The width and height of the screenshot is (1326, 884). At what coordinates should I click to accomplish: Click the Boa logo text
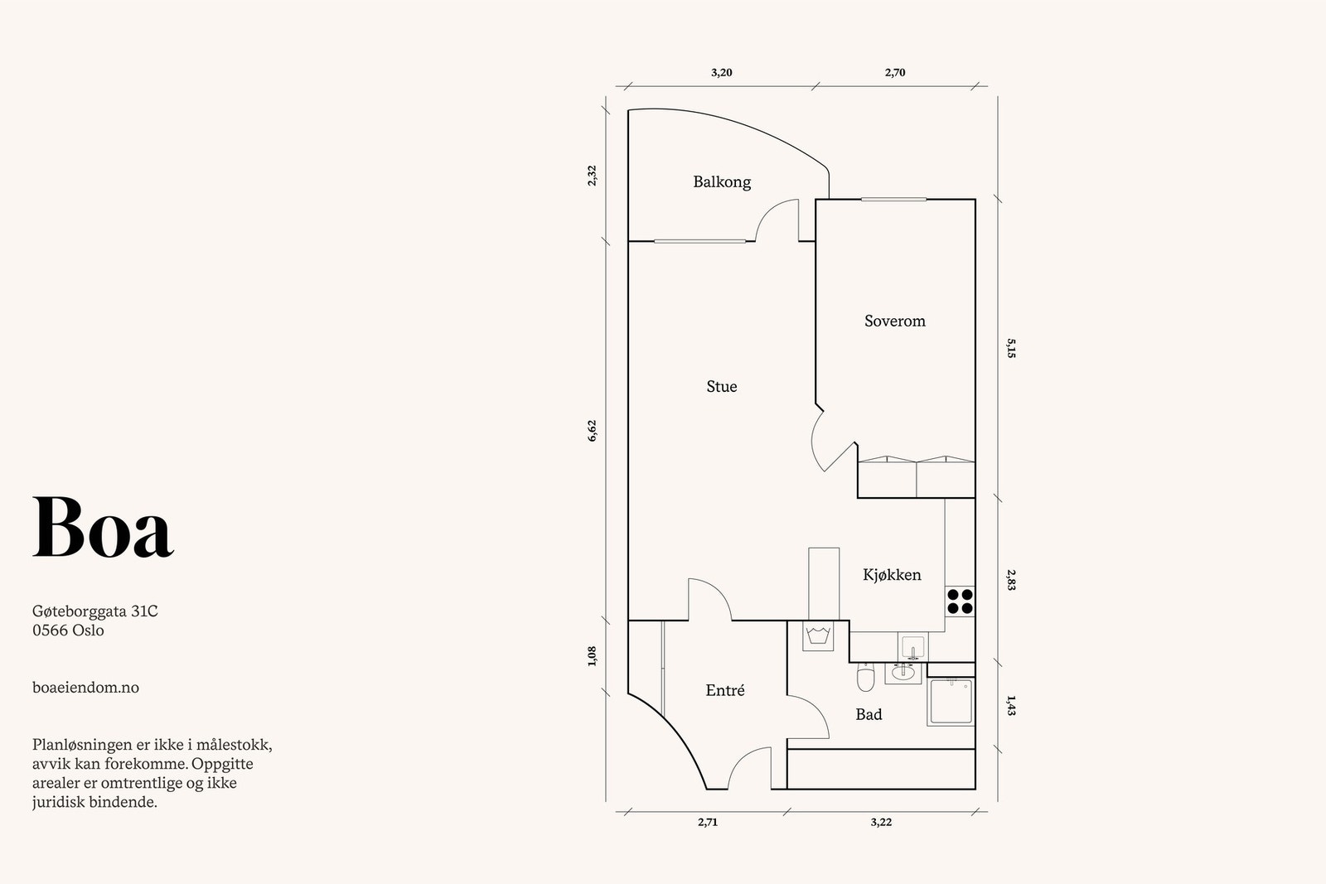(x=103, y=527)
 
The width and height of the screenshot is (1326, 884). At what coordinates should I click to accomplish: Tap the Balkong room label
(x=722, y=181)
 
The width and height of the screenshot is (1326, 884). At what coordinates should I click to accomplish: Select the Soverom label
(x=894, y=321)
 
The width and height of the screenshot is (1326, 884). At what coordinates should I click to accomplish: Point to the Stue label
(x=722, y=386)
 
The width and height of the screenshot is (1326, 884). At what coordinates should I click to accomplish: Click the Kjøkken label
(x=892, y=574)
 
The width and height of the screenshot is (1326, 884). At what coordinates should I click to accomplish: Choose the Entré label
(x=724, y=690)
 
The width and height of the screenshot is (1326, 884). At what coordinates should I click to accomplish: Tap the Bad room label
(x=869, y=714)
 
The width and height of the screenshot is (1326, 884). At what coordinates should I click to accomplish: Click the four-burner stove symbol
(x=960, y=601)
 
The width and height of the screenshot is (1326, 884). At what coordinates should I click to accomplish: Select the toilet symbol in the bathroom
(x=865, y=677)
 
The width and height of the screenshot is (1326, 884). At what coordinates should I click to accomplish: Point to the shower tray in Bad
(x=951, y=703)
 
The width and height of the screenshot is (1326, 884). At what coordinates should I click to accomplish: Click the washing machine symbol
(x=819, y=635)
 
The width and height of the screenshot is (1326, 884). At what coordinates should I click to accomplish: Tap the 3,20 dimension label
(x=722, y=73)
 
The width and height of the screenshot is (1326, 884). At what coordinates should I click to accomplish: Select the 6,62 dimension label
(x=592, y=431)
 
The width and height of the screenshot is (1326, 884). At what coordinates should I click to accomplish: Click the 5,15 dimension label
(x=1011, y=348)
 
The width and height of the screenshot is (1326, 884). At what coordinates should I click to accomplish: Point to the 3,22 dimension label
(x=881, y=822)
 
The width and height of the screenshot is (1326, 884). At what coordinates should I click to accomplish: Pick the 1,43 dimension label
(x=1011, y=705)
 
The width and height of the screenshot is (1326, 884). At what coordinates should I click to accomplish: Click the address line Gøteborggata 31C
(x=95, y=611)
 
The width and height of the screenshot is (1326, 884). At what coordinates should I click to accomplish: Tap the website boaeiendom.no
(x=86, y=688)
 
